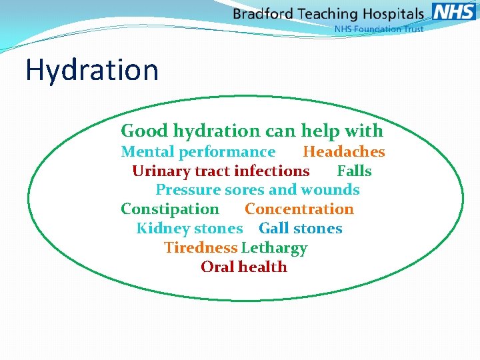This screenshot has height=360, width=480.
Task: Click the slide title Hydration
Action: pyautogui.click(x=92, y=70)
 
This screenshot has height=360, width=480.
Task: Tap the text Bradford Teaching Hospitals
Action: pyautogui.click(x=328, y=13)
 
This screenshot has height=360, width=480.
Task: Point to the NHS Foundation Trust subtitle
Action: pyautogui.click(x=378, y=29)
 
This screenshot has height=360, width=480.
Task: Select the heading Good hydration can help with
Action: pyautogui.click(x=252, y=131)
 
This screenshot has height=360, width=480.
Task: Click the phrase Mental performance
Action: pyautogui.click(x=198, y=152)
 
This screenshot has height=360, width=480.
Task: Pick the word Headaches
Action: pyautogui.click(x=344, y=152)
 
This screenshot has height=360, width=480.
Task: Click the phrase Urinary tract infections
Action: pyautogui.click(x=221, y=171)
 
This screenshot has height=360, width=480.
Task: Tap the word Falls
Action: pyautogui.click(x=354, y=171)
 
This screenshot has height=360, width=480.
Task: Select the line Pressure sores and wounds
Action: pyautogui.click(x=257, y=190)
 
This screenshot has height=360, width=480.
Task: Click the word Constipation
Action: pyautogui.click(x=169, y=209)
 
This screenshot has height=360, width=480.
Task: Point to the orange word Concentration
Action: pyautogui.click(x=299, y=209)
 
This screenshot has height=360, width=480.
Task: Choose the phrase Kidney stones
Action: pyautogui.click(x=189, y=229)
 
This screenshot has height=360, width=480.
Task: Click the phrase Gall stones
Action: pyautogui.click(x=300, y=229)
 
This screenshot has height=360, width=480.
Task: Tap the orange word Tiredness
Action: pyautogui.click(x=201, y=248)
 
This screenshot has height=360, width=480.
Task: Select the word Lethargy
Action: pyautogui.click(x=274, y=248)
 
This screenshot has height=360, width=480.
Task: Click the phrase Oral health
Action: pyautogui.click(x=244, y=267)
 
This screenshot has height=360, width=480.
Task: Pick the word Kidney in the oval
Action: pyautogui.click(x=160, y=229)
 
